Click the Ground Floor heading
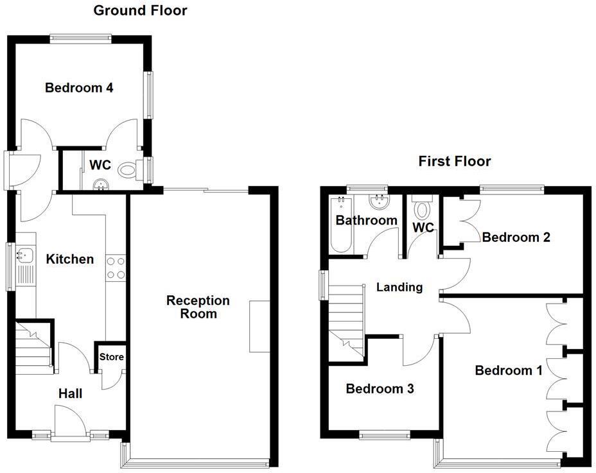coord(140,10)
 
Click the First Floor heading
coord(454,161)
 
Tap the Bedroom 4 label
coord(79,88)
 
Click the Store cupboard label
coord(111,357)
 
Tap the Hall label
coord(70,393)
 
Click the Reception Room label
coord(198,307)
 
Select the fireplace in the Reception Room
coord(259,326)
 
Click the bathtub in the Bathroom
coord(339,226)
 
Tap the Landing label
coord(399,287)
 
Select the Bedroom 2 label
coord(516,237)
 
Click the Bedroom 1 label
coord(508,370)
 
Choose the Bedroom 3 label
coord(379,388)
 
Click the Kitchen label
coord(69,259)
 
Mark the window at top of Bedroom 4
coord(80,39)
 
